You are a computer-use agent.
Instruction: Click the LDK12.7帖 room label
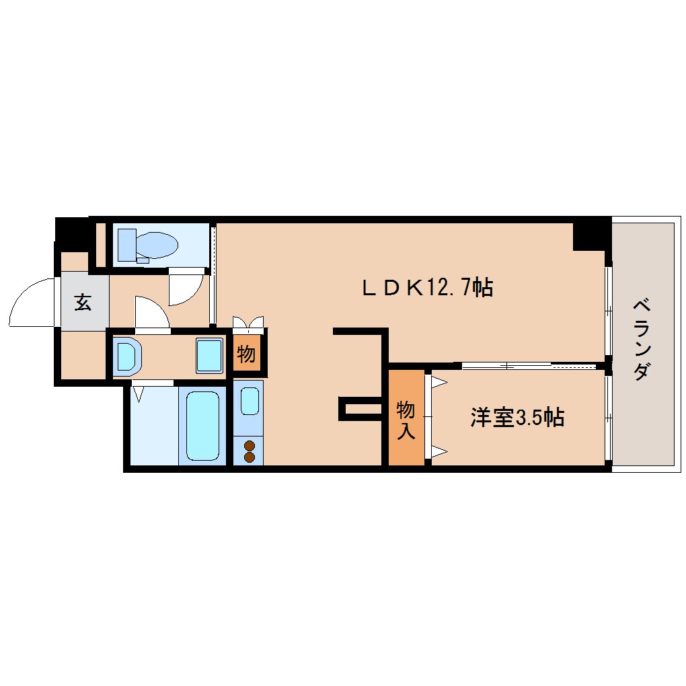tap(428, 288)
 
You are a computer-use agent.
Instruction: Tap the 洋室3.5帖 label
tap(517, 418)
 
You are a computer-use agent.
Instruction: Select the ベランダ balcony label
tap(642, 339)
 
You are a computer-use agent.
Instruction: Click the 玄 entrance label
tap(83, 302)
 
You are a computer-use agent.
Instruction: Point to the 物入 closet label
tap(406, 420)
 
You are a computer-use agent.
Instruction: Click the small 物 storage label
tap(246, 354)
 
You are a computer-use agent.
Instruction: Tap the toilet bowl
tap(156, 245)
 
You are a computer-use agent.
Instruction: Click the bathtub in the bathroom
tap(202, 426)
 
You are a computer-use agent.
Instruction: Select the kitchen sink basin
tap(250, 401)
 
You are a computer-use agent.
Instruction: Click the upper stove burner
tap(250, 446)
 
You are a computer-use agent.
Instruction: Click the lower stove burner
tap(250, 457)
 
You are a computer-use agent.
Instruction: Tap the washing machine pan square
tap(209, 356)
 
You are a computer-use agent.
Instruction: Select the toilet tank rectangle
tap(127, 245)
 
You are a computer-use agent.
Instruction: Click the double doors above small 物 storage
tap(248, 322)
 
